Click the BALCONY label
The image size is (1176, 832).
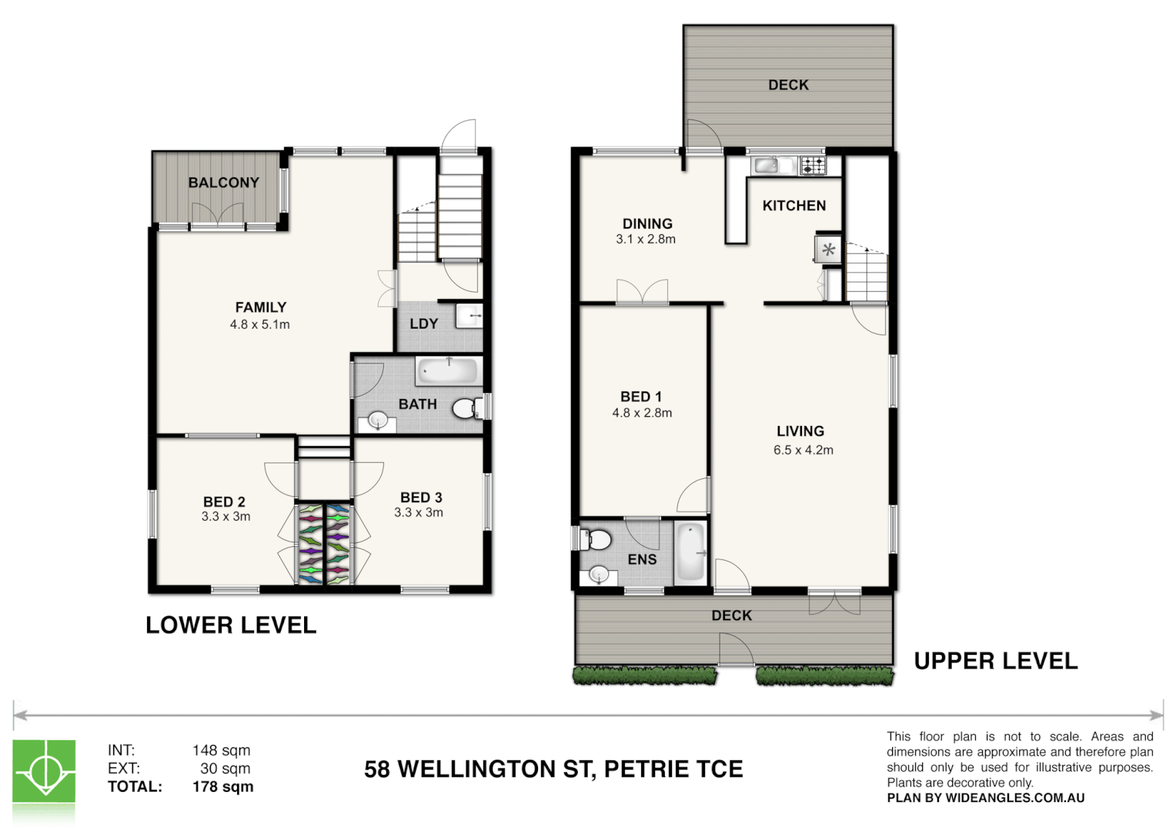coord(224,183)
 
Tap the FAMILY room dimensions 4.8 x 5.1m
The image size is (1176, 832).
coord(260,324)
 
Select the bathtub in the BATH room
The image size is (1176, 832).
coord(449,371)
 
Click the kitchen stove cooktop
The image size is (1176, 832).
coord(813,166)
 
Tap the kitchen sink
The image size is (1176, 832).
coord(767,166)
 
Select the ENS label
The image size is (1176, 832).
coord(642,559)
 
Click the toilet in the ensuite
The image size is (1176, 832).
coord(594,539)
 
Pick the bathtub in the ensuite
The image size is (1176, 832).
coord(690,552)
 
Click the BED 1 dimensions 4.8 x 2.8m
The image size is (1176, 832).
coord(642,413)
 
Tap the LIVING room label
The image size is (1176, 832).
coord(800,431)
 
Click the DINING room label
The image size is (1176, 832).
coord(647,223)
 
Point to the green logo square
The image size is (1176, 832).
coord(44,771)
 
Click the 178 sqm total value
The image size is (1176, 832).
coord(223,787)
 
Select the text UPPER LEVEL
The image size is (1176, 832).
coord(996,661)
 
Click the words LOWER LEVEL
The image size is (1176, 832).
coord(231,625)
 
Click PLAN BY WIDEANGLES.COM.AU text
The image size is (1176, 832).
coord(985,798)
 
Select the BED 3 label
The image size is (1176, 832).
coord(421,497)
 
